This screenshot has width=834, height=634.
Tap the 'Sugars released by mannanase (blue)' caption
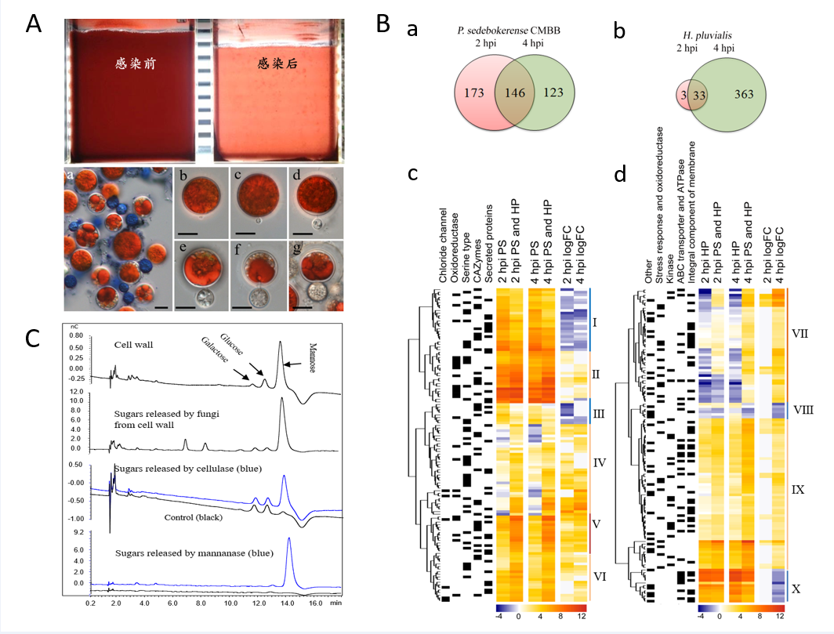pyautogui.click(x=183, y=554)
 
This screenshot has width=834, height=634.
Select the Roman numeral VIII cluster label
pyautogui.click(x=803, y=408)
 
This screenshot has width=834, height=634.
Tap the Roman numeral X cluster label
pyautogui.click(x=796, y=586)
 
